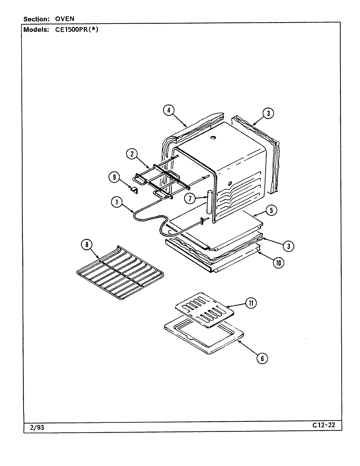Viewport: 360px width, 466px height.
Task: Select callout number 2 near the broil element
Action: point(132,154)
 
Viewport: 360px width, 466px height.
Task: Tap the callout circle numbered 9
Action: point(114,178)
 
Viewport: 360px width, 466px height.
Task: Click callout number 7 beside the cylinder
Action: point(189,198)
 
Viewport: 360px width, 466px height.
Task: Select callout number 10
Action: point(279,262)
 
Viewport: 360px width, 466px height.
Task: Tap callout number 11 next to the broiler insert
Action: point(251,303)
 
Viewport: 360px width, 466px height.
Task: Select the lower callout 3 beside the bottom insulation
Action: point(288,246)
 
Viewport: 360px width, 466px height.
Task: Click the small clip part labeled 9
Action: point(134,189)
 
